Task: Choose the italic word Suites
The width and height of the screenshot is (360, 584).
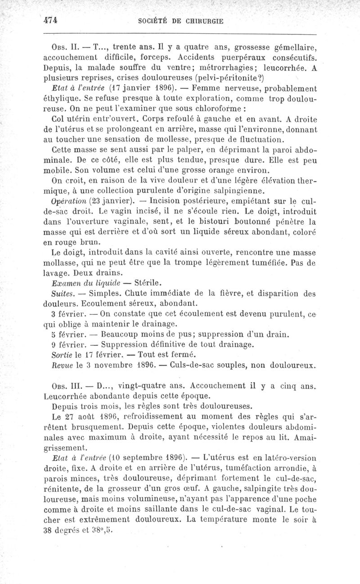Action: (63, 294)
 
